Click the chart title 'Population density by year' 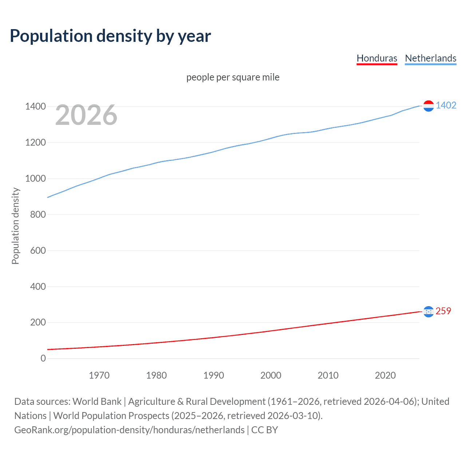pyautogui.click(x=110, y=36)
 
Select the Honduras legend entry pyautogui.click(x=377, y=58)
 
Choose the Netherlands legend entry pyautogui.click(x=430, y=58)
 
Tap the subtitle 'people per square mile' pyautogui.click(x=233, y=77)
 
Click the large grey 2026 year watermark pyautogui.click(x=86, y=115)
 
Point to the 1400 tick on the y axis pyautogui.click(x=35, y=107)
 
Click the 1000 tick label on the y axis pyautogui.click(x=35, y=178)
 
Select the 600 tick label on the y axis pyautogui.click(x=38, y=250)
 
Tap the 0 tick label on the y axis pyautogui.click(x=43, y=358)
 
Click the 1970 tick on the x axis pyautogui.click(x=99, y=375)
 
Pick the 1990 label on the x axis pyautogui.click(x=214, y=375)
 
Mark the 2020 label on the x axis pyautogui.click(x=385, y=375)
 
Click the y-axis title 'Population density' pyautogui.click(x=15, y=226)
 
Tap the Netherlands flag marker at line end pyautogui.click(x=429, y=106)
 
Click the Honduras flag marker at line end pyautogui.click(x=429, y=312)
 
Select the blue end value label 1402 pyautogui.click(x=446, y=105)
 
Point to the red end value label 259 pyautogui.click(x=443, y=311)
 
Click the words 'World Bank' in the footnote pyautogui.click(x=97, y=402)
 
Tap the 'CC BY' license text pyautogui.click(x=265, y=430)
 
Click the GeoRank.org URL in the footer pyautogui.click(x=129, y=430)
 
